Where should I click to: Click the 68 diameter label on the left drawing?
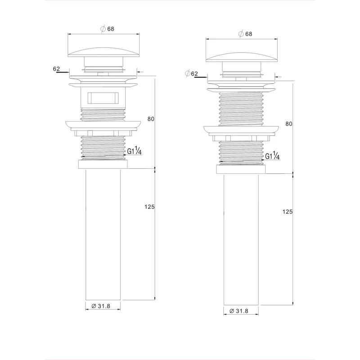107,29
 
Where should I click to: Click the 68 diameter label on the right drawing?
245,34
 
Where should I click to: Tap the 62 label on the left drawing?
56,69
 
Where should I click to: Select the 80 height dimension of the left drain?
151,119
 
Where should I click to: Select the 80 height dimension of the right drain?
289,124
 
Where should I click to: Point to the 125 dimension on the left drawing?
150,207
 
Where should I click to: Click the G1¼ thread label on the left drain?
134,152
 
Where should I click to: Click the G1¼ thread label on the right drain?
272,156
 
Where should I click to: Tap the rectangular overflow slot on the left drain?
103,98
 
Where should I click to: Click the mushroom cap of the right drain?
241,54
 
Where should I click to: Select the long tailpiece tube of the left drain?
103,234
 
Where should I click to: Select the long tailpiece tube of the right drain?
241,238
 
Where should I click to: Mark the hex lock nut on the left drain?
103,132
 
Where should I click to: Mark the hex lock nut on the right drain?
241,137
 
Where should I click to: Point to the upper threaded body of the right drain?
241,108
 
